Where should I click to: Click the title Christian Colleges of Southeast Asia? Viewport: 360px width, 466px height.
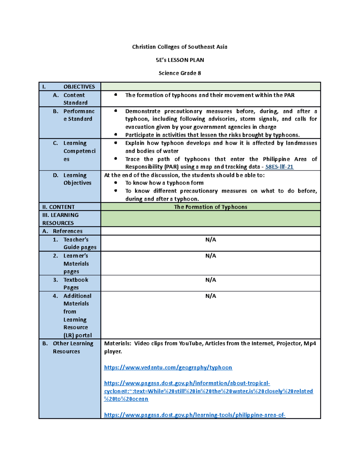[180, 47]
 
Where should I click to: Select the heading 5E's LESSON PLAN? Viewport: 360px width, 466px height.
[180, 60]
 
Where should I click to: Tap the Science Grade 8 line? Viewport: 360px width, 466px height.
[180, 73]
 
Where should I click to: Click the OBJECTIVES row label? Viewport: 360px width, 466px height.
[79, 87]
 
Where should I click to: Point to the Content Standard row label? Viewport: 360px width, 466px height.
[75, 99]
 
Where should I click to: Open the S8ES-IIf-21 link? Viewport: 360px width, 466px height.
[279, 167]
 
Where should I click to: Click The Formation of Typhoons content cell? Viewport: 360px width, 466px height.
[210, 207]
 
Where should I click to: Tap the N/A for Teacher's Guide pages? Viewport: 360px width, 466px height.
[210, 239]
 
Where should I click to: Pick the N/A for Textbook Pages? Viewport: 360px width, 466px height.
[210, 280]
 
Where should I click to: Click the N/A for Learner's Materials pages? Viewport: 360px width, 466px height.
[210, 256]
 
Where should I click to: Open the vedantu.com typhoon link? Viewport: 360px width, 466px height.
[168, 368]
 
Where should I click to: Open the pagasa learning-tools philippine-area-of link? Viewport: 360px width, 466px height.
[194, 415]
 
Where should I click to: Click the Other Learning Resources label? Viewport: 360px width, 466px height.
[73, 347]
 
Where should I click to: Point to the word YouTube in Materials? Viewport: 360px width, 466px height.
[190, 343]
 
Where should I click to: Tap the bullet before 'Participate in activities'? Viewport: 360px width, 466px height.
[115, 135]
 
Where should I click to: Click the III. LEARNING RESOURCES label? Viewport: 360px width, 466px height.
[60, 219]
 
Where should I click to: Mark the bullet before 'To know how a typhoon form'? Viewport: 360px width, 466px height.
[115, 183]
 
